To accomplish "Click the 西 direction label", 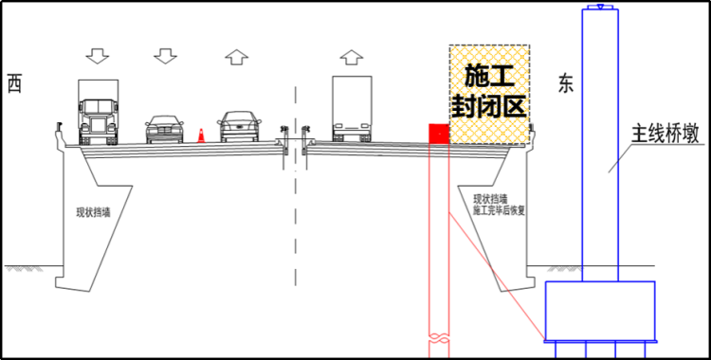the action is click(x=13, y=83).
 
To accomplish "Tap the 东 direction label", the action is click(x=567, y=83).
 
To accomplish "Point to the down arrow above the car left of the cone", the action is click(x=165, y=55).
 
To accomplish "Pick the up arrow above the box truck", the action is click(x=352, y=55).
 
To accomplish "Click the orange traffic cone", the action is click(x=201, y=135).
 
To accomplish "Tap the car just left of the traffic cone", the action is click(x=165, y=129).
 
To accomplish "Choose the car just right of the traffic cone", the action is click(x=238, y=127).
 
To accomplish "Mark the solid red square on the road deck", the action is click(x=439, y=135).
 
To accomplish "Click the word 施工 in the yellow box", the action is click(x=488, y=74).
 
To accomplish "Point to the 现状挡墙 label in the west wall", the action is click(x=94, y=211).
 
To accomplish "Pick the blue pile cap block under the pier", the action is click(x=600, y=312).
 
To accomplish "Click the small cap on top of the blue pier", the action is click(x=600, y=8).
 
